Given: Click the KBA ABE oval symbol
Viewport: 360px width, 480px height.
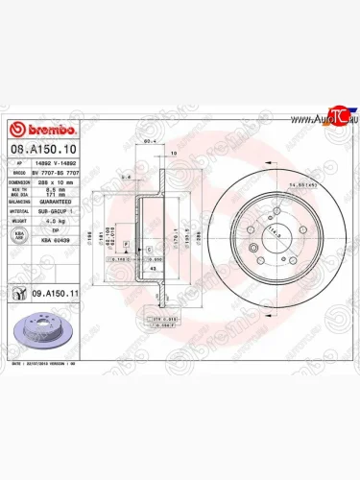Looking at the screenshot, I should point(18,235).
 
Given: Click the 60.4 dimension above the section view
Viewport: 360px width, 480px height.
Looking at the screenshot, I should point(150,141).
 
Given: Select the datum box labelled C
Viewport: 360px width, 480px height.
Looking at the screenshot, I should point(149,249).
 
